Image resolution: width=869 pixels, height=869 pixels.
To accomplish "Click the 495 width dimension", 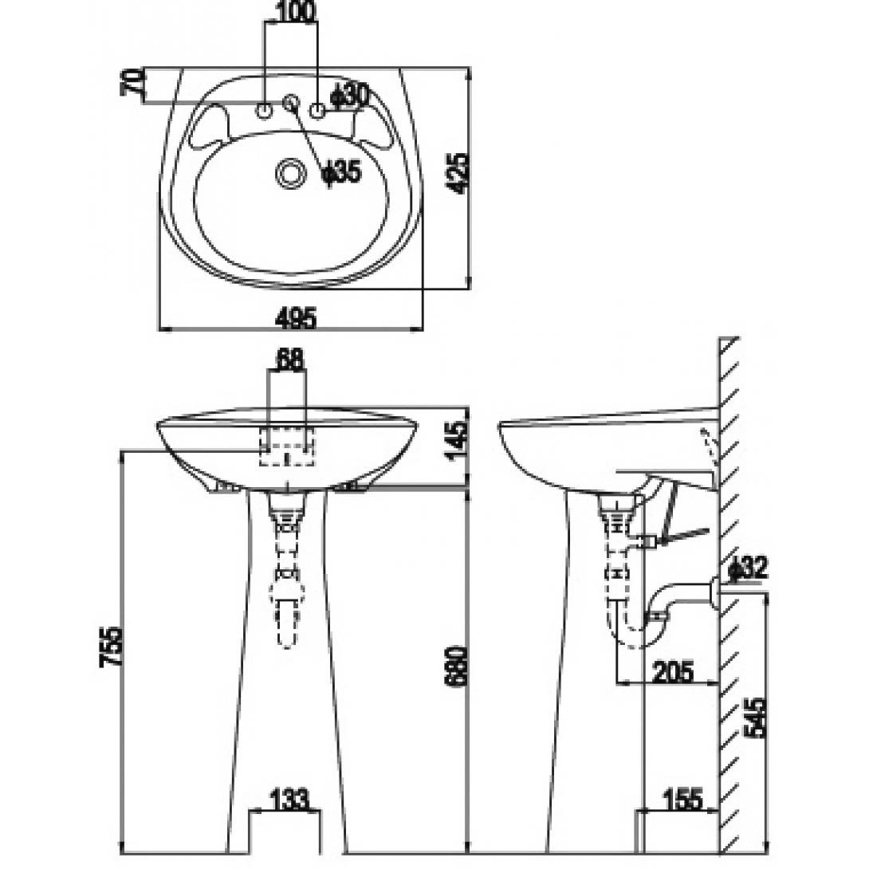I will [296, 318].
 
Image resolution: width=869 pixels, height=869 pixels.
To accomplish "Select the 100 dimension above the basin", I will [295, 11].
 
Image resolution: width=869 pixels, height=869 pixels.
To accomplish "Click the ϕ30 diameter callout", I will [349, 96].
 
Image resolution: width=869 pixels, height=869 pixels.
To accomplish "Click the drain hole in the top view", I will [290, 172].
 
